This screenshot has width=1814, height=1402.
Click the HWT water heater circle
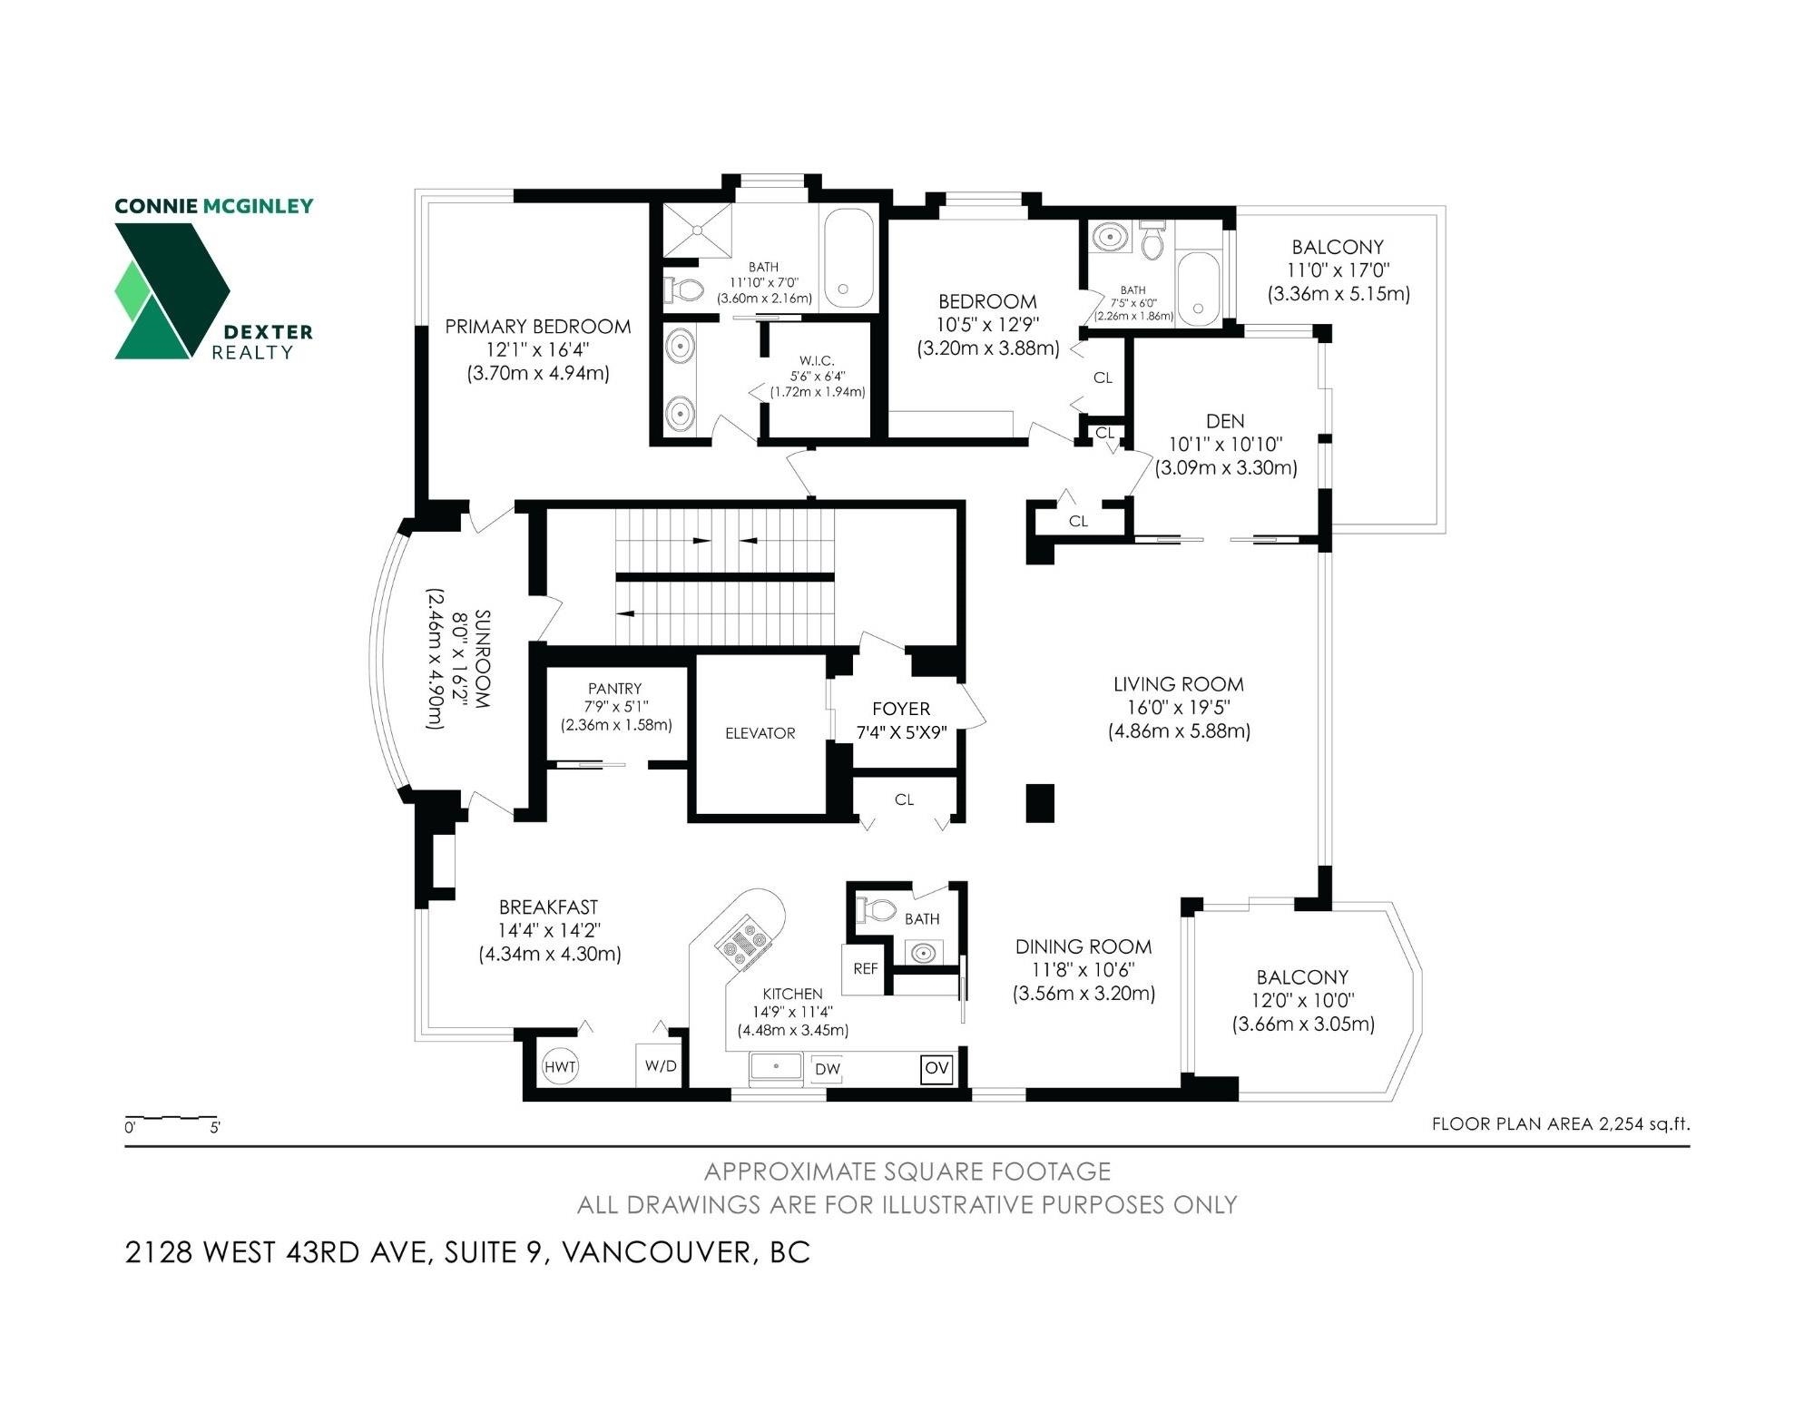(560, 1066)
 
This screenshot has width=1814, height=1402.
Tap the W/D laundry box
(661, 1065)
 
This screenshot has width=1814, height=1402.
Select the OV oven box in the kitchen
(936, 1068)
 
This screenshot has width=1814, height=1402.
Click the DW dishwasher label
(827, 1069)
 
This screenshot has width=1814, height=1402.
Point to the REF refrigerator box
(865, 969)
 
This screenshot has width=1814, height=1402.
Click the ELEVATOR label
(760, 733)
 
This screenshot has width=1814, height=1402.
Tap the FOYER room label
(901, 709)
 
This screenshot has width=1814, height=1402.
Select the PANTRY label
(614, 689)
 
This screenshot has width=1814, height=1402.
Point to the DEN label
(1225, 421)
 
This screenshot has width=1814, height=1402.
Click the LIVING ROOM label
(1179, 684)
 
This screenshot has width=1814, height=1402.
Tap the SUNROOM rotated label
(483, 659)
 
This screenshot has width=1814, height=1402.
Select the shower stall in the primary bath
(697, 230)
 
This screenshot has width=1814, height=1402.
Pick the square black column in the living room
(1040, 803)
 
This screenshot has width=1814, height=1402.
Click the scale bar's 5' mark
(215, 1128)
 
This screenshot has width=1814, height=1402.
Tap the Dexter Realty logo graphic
(172, 290)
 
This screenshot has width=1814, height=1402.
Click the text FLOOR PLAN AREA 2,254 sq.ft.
(1561, 1124)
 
